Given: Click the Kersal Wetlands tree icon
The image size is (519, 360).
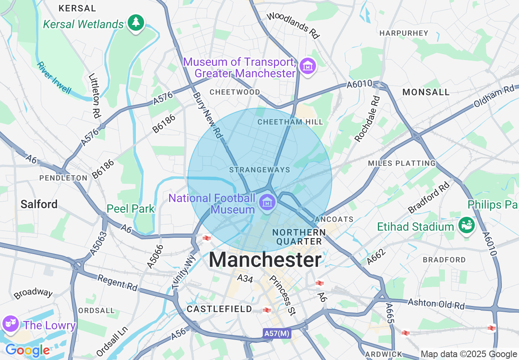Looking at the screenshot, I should tap(136, 22).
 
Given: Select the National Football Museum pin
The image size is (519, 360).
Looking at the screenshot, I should tap(267, 202).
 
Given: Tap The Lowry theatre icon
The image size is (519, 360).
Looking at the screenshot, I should tap(10, 324).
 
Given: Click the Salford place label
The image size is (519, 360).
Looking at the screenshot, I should tap(39, 204).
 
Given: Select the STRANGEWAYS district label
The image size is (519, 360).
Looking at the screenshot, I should tap(259, 170).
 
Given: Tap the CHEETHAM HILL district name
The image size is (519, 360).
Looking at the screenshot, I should tap(290, 122).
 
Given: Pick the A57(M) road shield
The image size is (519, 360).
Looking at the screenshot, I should tap(277, 333).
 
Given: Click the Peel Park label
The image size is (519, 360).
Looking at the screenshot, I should tap(131, 209).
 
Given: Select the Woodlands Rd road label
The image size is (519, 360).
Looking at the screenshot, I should tap(293, 25).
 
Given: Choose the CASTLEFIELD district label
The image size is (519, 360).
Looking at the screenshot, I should tap(219, 309).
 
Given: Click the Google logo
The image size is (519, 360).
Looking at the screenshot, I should tap(27, 350).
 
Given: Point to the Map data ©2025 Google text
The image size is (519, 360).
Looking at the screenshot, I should tap(469, 354).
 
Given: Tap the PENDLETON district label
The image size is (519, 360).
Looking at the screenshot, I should tap(63, 178).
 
